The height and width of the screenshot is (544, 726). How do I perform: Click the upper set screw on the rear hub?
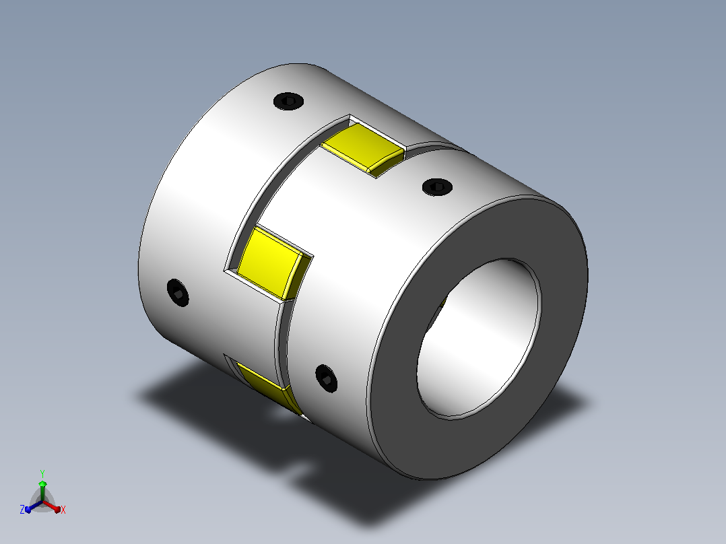click(288, 100)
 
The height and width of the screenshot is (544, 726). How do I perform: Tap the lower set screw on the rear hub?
click(178, 293)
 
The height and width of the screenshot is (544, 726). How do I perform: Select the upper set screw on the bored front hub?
click(437, 186)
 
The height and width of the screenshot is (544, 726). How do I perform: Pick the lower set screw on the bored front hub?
click(326, 379)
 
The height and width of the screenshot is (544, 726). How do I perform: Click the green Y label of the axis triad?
click(42, 473)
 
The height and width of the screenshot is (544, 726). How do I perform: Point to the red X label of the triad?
click(63, 510)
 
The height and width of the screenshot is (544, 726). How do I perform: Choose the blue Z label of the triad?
click(22, 510)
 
